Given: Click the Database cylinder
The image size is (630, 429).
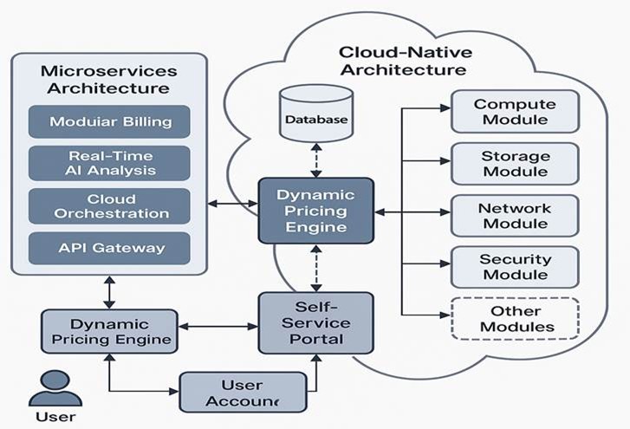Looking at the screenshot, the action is [x=316, y=114].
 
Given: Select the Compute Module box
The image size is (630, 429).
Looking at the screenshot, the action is [x=515, y=112].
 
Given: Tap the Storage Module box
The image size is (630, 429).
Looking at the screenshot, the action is [x=515, y=164].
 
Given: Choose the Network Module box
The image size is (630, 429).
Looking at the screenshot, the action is [x=515, y=216].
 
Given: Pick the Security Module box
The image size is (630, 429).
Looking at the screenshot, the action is [x=515, y=267].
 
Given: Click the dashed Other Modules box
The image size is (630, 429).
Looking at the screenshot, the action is [x=515, y=319].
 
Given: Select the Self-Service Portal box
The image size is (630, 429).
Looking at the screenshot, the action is [x=316, y=323].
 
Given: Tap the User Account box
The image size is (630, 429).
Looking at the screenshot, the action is [x=244, y=392].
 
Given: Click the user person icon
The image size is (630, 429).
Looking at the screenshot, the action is [x=55, y=388].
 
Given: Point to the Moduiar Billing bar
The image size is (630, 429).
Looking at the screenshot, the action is [x=109, y=121].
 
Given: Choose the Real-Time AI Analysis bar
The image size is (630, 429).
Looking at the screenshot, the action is [x=109, y=163].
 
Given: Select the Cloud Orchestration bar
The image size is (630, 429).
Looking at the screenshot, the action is [x=109, y=206].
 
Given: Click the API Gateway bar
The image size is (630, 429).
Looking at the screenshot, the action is [x=109, y=248].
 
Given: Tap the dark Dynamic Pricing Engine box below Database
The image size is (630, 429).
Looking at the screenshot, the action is [x=316, y=211].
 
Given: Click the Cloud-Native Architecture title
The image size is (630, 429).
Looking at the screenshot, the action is [x=405, y=61].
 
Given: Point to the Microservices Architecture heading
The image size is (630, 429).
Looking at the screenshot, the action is [x=109, y=80].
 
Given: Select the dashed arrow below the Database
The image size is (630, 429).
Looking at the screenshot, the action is [x=316, y=160].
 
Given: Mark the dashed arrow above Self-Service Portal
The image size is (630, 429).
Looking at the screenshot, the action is [x=316, y=268].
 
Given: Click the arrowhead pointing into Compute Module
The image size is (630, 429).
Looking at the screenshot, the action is [x=445, y=108].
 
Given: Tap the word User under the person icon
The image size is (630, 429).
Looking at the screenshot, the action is [x=55, y=417].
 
